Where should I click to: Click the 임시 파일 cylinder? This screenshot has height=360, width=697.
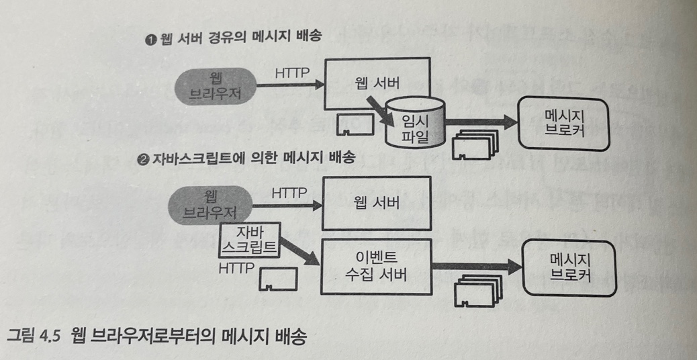414,122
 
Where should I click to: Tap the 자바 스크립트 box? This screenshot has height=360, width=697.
249,240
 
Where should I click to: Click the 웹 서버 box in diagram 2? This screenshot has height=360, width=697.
376,202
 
